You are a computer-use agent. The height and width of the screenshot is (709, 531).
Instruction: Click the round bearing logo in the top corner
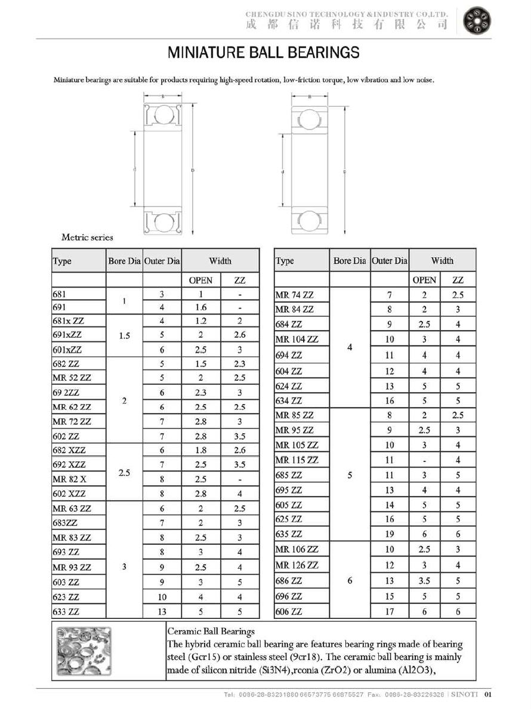tap(477, 22)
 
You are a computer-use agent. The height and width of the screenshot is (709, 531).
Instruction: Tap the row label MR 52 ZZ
tap(72, 378)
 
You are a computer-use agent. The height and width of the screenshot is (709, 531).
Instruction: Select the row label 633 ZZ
tap(66, 611)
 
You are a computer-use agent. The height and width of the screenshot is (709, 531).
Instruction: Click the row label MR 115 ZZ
tap(297, 460)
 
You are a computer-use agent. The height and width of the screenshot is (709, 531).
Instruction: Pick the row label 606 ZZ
tap(289, 611)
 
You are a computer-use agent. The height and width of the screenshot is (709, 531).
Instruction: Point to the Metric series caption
tap(87, 238)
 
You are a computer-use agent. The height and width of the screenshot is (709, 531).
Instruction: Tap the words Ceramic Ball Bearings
tap(211, 631)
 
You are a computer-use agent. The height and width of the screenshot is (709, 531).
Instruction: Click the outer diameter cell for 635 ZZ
tap(389, 534)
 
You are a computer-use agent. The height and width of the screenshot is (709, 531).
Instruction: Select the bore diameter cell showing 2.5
tap(124, 473)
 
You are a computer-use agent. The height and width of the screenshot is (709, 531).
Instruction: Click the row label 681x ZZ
tap(68, 321)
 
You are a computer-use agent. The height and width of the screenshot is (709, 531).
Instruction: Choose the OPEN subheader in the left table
tap(200, 280)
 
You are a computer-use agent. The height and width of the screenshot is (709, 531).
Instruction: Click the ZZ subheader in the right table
tap(458, 280)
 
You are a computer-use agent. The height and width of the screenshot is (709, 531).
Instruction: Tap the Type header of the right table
tap(285, 261)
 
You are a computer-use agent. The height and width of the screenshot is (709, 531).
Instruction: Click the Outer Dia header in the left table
tap(162, 261)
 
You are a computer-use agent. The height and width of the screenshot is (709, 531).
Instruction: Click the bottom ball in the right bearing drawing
tap(309, 220)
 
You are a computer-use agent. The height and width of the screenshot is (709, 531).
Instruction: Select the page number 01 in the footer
tap(487, 694)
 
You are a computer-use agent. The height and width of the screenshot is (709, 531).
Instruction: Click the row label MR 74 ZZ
tap(294, 295)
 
